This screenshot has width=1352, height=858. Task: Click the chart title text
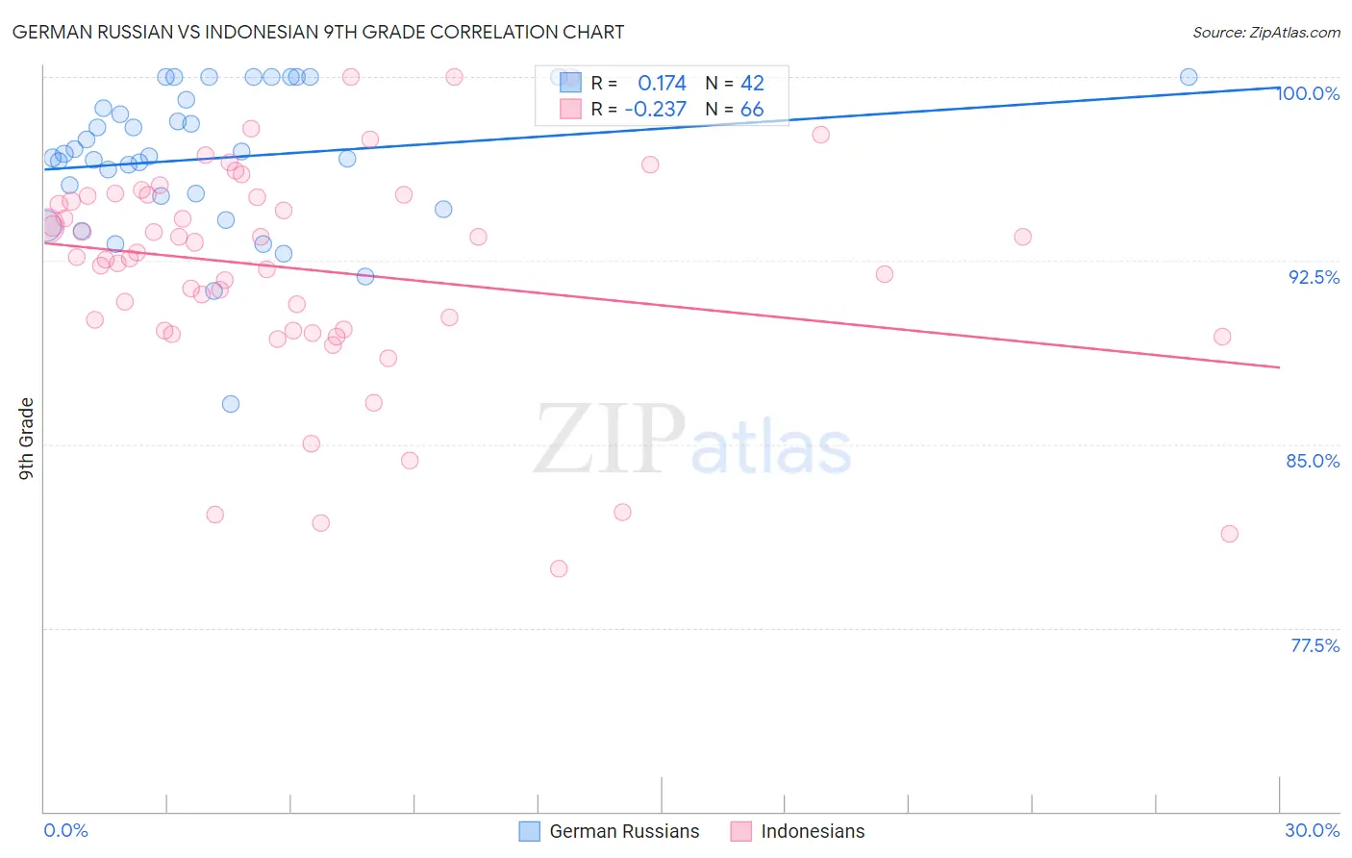click(318, 32)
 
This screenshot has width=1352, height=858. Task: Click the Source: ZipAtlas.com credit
click(1265, 32)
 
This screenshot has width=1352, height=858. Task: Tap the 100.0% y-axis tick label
click(1308, 93)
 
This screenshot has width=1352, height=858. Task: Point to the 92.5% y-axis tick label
click(1314, 277)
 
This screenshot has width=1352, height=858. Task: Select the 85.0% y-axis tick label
click(1313, 461)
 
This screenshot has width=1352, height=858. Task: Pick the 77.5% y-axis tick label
click(1314, 645)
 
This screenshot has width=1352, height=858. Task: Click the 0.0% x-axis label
click(65, 830)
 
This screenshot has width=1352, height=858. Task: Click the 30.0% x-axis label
click(1312, 830)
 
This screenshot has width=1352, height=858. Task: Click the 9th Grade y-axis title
click(27, 439)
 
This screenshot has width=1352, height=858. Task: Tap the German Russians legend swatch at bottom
click(529, 831)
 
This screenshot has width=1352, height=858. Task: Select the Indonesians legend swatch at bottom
click(740, 831)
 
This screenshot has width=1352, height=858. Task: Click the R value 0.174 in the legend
click(662, 83)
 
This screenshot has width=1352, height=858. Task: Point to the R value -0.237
click(655, 110)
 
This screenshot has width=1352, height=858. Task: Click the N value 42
click(752, 83)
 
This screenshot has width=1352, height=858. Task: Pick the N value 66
click(752, 110)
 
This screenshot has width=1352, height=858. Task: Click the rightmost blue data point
click(1189, 77)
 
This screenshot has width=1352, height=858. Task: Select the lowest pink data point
click(559, 568)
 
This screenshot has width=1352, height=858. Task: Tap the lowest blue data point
click(231, 404)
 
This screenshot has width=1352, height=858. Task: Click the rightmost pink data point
click(1229, 534)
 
